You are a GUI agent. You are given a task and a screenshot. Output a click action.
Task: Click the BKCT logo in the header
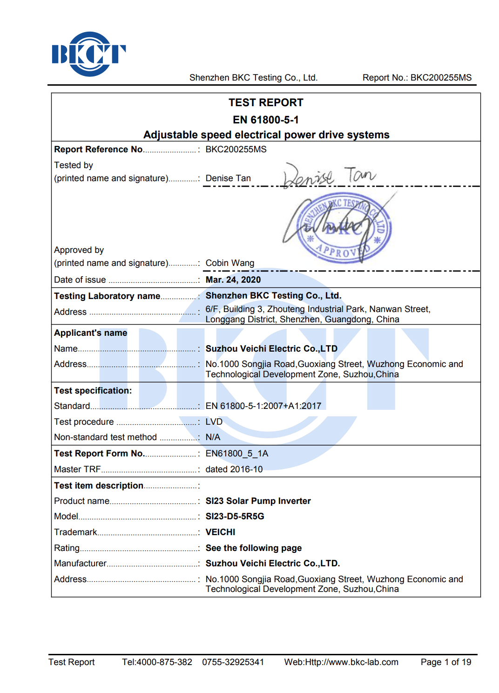[x=88, y=54]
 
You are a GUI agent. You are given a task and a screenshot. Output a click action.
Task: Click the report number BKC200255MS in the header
[x=441, y=78]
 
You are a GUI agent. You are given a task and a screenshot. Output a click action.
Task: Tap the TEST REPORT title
[x=266, y=102]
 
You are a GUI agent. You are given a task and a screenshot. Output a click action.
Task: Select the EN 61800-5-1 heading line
[x=266, y=120]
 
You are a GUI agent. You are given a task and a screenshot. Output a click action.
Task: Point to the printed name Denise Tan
[x=228, y=178]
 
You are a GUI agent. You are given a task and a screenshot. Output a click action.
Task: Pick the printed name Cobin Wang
[x=230, y=263]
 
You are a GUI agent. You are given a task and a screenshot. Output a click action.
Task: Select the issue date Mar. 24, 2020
[x=233, y=280]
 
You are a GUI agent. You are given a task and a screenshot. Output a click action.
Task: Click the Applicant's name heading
[x=91, y=333]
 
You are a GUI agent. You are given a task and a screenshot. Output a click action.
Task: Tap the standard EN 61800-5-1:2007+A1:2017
[x=263, y=406]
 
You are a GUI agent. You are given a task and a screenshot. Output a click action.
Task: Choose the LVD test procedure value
[x=214, y=422]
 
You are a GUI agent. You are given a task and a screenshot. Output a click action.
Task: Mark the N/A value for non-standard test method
[x=213, y=437]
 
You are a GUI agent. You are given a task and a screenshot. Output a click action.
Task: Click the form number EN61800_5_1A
[x=237, y=454]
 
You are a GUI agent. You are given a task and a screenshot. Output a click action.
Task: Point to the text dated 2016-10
[x=234, y=469]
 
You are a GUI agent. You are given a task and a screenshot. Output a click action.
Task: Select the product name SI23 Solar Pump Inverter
[x=258, y=501]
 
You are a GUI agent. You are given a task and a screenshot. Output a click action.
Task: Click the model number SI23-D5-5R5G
[x=235, y=516]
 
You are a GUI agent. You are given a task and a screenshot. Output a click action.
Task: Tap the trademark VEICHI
[x=221, y=532]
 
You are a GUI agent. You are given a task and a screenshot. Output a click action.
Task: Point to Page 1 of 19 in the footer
[x=446, y=662]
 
